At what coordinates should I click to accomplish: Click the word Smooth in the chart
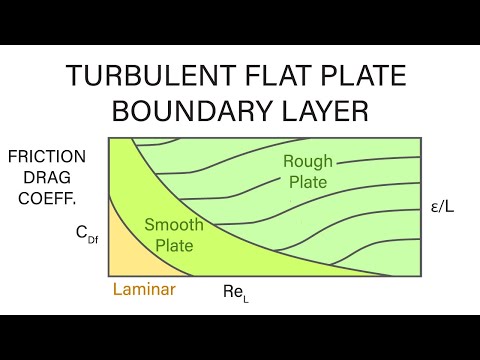pos(173,225)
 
